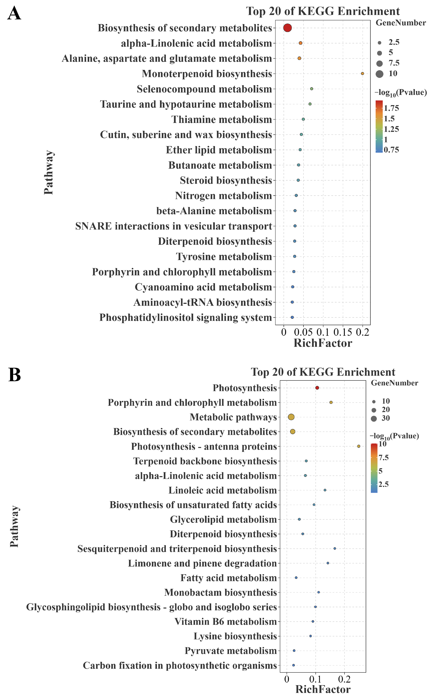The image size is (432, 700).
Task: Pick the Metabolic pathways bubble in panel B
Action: click(x=291, y=417)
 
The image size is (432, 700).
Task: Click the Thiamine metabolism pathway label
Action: click(x=222, y=119)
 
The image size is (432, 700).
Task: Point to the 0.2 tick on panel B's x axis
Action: click(x=344, y=679)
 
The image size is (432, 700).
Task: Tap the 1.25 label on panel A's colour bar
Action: click(x=391, y=129)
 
